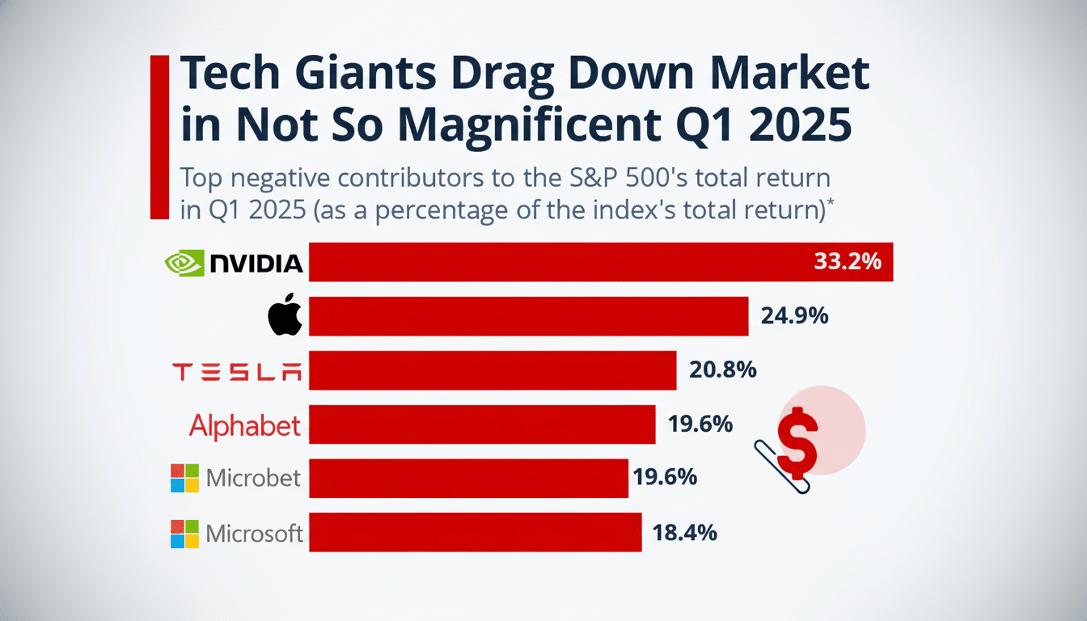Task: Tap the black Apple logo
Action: click(285, 317)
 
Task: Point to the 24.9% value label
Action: click(794, 316)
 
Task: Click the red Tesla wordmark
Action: click(237, 371)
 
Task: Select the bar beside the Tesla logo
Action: click(492, 370)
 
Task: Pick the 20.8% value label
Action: click(722, 370)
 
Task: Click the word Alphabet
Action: click(244, 425)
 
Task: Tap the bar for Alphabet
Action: click(481, 425)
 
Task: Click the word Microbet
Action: click(253, 478)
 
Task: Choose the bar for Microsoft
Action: click(475, 532)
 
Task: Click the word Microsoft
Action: click(254, 534)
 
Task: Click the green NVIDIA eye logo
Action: click(184, 263)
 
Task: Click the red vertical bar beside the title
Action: click(159, 137)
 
